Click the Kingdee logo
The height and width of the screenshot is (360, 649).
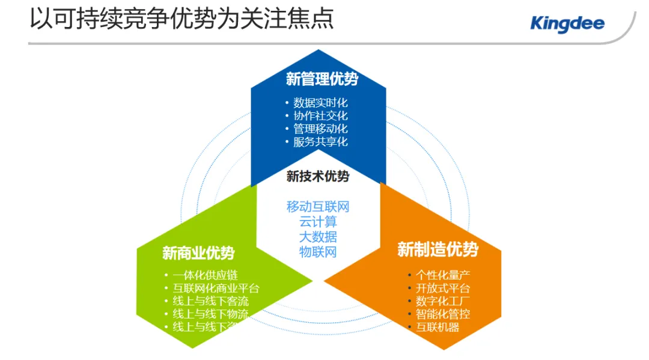pos(567,24)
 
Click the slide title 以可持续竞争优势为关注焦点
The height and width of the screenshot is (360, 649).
pos(181,19)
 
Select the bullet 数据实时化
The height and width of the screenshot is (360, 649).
pos(320,103)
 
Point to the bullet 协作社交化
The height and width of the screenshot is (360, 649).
pos(320,116)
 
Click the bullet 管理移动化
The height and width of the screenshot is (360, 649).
pos(320,129)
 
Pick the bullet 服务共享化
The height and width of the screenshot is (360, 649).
pos(320,142)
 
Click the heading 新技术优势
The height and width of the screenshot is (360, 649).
pos(318,176)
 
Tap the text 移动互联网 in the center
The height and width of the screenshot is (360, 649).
pos(318,207)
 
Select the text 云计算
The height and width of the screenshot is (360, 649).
pos(318,222)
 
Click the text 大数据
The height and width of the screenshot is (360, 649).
pos(318,237)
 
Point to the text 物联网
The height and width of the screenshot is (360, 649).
pos(318,252)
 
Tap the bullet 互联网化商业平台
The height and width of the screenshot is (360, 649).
pos(216,288)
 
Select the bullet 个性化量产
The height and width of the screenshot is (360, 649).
pos(443,275)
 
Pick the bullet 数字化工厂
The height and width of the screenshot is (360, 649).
pos(443,301)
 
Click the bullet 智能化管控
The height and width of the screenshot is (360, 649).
pos(443,314)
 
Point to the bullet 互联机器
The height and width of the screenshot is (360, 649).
pos(437,327)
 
